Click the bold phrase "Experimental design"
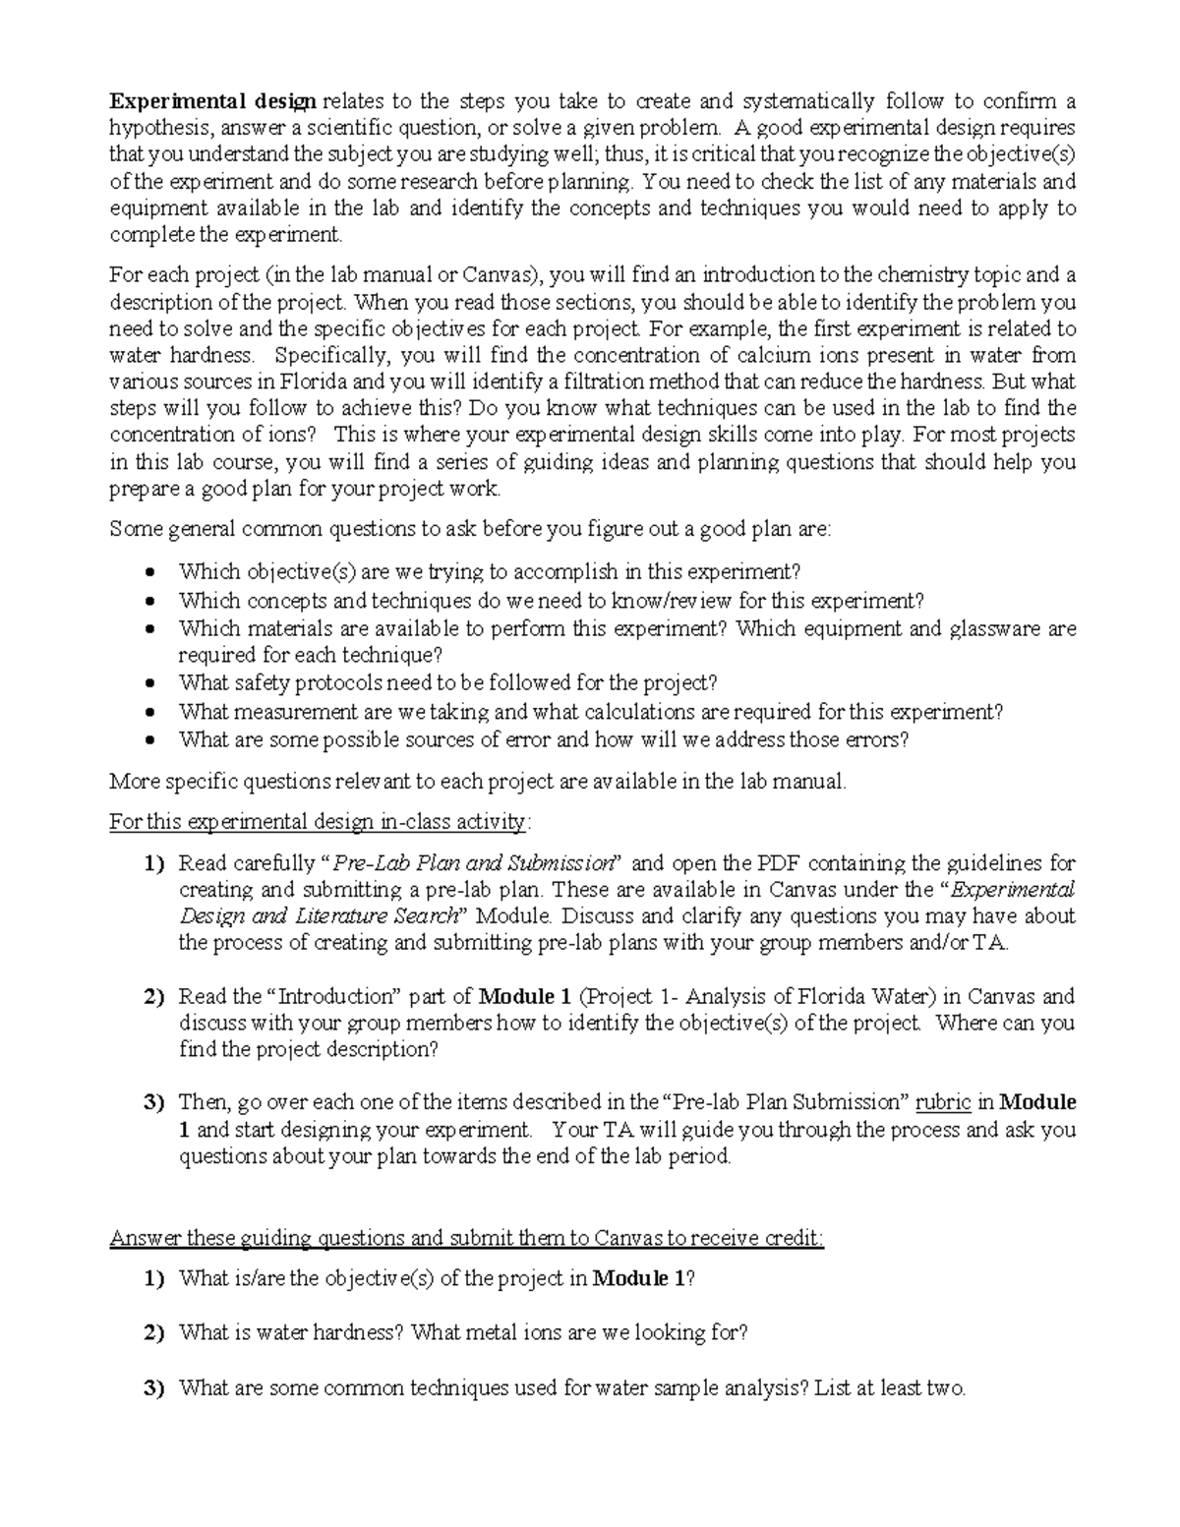pos(212,100)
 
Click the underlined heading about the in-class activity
pos(320,821)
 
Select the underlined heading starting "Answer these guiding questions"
pos(466,1238)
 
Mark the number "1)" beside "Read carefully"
pos(153,863)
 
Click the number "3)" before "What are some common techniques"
pos(153,1388)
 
